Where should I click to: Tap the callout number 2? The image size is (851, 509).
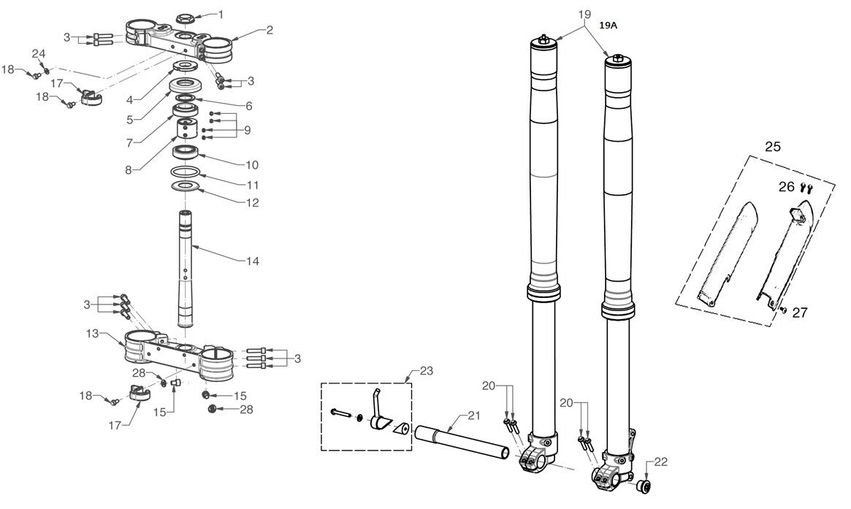269,30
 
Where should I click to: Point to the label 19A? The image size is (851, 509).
608,25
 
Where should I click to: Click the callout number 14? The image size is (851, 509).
253,261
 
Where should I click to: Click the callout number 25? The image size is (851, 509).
772,147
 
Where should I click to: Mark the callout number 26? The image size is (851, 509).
786,187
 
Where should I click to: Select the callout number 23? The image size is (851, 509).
427,370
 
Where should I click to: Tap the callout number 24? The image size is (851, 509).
38,53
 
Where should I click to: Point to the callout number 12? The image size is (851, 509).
252,202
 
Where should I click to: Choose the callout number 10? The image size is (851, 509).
252,165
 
